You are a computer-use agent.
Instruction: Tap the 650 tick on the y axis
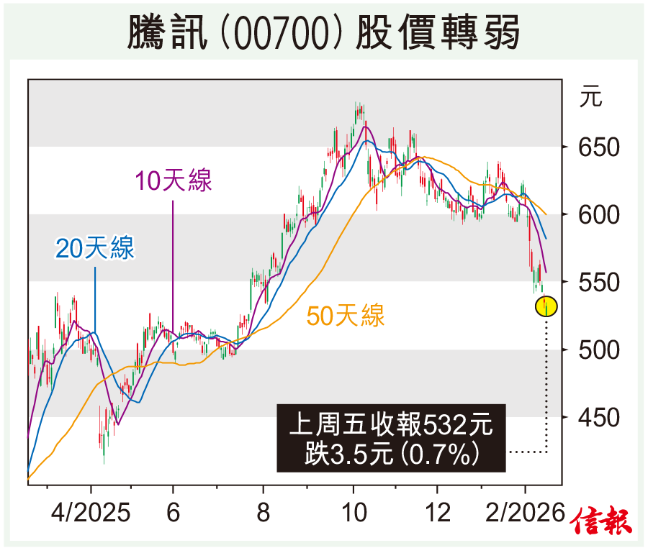coord(600,147)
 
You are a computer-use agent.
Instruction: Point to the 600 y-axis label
coord(600,215)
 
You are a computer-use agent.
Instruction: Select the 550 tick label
coord(600,283)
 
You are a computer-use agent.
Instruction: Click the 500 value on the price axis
coord(600,350)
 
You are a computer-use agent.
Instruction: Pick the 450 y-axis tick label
coord(600,417)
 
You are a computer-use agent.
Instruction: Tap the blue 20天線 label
coord(95,250)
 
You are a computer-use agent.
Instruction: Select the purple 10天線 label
coord(174,181)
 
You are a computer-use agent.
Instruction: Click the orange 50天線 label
coord(346,316)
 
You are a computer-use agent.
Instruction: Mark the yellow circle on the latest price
coord(546,307)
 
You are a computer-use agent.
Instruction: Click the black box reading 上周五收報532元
coord(391,438)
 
